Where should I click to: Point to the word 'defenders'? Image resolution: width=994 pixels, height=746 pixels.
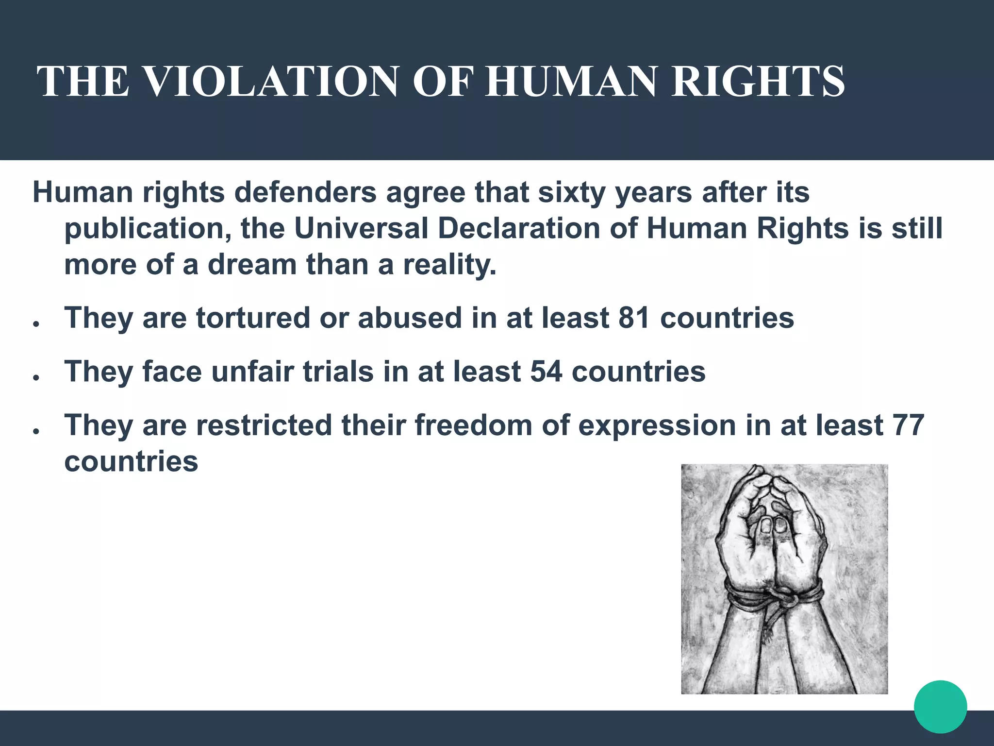pos(306,193)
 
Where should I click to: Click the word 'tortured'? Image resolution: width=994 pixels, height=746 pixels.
pos(253,318)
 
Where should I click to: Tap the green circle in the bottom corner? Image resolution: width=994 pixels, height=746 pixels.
pos(940,707)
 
